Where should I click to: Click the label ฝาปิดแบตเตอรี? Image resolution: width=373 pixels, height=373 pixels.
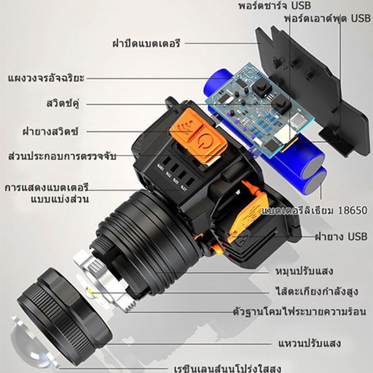click(146, 43)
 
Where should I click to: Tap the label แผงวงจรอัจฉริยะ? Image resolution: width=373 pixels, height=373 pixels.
click(46, 78)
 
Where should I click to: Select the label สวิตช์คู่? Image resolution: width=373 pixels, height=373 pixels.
click(63, 104)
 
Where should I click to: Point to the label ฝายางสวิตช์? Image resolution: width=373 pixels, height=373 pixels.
click(50, 131)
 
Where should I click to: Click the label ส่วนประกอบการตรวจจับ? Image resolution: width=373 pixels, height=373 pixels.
click(62, 156)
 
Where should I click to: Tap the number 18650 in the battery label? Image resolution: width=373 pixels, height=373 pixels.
click(352, 211)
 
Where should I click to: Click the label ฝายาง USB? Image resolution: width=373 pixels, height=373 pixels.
click(341, 237)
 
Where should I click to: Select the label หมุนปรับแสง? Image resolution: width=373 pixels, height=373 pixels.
click(304, 271)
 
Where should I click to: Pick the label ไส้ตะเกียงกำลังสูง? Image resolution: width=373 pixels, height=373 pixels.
click(317, 291)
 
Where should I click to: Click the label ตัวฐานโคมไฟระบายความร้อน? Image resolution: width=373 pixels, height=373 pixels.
click(299, 311)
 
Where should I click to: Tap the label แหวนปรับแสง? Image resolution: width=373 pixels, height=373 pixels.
click(310, 343)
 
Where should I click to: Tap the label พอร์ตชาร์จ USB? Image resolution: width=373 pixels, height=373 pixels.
click(275, 6)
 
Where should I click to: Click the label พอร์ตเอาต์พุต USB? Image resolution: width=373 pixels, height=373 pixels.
click(328, 18)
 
